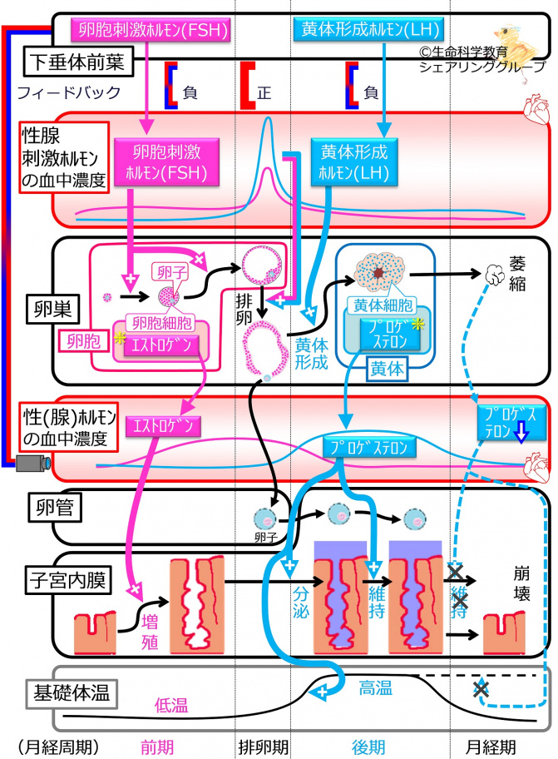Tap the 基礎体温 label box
pyautogui.click(x=67, y=690)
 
